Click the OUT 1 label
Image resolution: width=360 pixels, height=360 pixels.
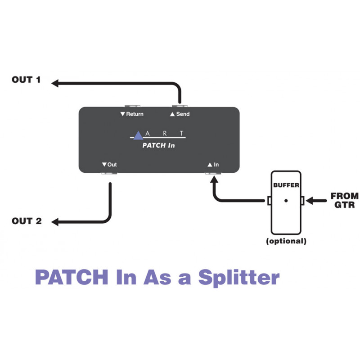26,80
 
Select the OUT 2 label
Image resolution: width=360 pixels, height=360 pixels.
27,221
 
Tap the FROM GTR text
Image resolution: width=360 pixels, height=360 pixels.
344,200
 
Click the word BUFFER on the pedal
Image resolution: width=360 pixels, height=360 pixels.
286,185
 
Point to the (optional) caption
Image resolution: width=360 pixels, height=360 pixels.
286,241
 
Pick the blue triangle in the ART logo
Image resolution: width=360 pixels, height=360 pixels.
138,136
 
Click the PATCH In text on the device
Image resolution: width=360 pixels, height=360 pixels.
158,145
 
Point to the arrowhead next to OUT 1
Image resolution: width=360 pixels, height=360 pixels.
55,83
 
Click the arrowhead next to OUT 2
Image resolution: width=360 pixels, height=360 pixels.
55,222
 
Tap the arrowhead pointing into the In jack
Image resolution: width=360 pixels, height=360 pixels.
214,179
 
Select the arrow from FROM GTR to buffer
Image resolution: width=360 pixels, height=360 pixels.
316,201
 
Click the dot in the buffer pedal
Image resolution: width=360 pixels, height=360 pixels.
286,201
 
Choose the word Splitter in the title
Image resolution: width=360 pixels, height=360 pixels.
239,278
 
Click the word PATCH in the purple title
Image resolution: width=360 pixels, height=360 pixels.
72,277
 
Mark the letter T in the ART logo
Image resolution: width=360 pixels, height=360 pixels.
182,133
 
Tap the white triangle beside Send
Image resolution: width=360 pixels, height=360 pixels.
172,114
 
